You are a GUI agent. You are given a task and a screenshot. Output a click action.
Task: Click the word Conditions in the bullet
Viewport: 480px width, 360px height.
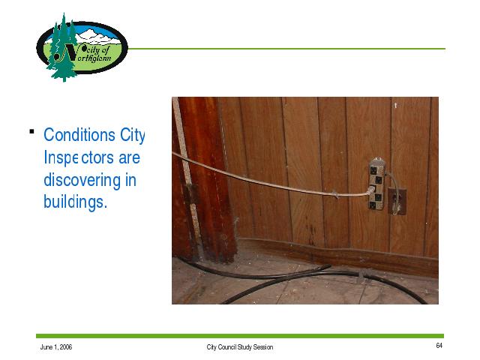pyautogui.click(x=79, y=135)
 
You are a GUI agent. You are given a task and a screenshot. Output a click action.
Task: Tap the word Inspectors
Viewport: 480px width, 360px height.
pyautogui.click(x=79, y=158)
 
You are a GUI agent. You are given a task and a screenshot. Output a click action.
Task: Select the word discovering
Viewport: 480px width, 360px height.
pyautogui.click(x=82, y=180)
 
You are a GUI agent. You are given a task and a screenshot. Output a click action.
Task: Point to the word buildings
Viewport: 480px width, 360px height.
pyautogui.click(x=75, y=202)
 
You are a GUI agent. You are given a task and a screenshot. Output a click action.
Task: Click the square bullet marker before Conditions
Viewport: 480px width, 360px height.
pyautogui.click(x=31, y=132)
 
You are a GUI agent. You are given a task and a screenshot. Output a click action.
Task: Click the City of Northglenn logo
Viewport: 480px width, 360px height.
pyautogui.click(x=82, y=47)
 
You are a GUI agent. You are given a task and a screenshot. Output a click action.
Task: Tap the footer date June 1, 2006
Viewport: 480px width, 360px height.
pyautogui.click(x=56, y=347)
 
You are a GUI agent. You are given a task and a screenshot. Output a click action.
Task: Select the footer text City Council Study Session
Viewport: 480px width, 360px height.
pyautogui.click(x=240, y=347)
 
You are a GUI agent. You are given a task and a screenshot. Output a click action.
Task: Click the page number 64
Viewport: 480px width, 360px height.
pyautogui.click(x=439, y=346)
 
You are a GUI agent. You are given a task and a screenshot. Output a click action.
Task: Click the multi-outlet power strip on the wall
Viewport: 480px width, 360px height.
pyautogui.click(x=376, y=184)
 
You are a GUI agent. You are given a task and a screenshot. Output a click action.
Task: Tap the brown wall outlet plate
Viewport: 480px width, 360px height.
pyautogui.click(x=397, y=202)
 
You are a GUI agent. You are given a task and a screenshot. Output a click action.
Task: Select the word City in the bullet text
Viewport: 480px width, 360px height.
pyautogui.click(x=132, y=135)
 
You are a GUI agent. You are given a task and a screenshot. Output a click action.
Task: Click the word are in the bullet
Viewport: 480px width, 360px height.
pyautogui.click(x=129, y=158)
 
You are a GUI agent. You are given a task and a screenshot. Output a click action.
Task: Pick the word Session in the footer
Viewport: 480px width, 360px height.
pyautogui.click(x=263, y=347)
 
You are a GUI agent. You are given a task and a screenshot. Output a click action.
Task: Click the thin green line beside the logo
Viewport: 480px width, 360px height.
pyautogui.click(x=286, y=49)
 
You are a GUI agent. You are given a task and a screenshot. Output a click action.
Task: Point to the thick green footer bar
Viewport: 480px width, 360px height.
pyautogui.click(x=240, y=336)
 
